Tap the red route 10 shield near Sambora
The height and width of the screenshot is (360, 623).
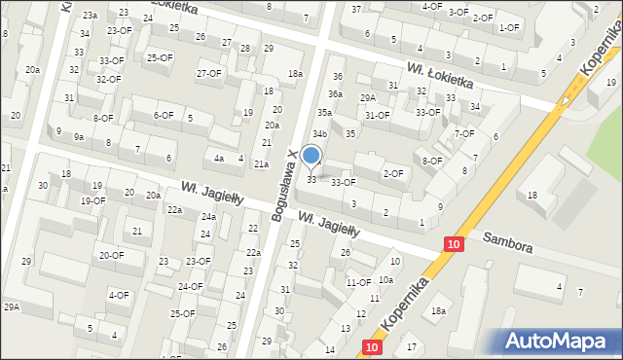point(454,246)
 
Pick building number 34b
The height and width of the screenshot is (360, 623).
point(319,133)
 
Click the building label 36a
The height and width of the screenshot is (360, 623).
point(335,94)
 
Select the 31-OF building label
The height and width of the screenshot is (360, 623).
point(377,115)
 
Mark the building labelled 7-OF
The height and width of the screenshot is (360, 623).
point(464,133)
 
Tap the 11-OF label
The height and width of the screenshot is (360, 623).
point(358,282)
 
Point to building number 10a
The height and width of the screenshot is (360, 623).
point(386,279)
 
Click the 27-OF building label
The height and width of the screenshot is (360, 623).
point(209,74)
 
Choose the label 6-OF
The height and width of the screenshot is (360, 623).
point(163,115)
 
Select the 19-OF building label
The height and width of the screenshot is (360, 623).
point(92,200)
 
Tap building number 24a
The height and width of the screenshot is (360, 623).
point(208,216)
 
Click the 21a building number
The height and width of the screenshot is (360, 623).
point(261,163)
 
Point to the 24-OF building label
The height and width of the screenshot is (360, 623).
point(190,286)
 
